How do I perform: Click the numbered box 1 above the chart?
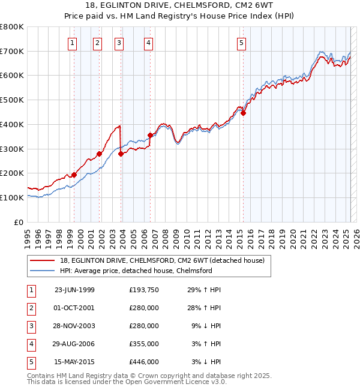pyautogui.click(x=73, y=42)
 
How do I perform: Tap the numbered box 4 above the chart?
pyautogui.click(x=148, y=42)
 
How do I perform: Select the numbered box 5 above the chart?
pyautogui.click(x=241, y=42)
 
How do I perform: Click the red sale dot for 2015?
pyautogui.click(x=244, y=113)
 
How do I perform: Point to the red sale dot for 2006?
pyautogui.click(x=150, y=135)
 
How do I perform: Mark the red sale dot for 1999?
pyautogui.click(x=74, y=175)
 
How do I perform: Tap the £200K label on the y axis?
pyautogui.click(x=13, y=173)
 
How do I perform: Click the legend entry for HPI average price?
pyautogui.click(x=136, y=271)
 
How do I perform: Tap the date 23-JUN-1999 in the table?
pyautogui.click(x=74, y=290)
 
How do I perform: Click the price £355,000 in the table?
pyautogui.click(x=143, y=344)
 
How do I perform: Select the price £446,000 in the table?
pyautogui.click(x=143, y=362)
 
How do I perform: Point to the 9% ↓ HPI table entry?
pyautogui.click(x=206, y=326)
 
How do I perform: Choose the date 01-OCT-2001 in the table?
pyautogui.click(x=74, y=308)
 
